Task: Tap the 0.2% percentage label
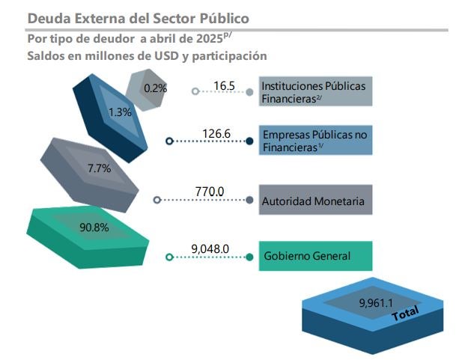coord(155,88)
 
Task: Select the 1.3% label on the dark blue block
coord(120,112)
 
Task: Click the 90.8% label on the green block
coord(94,227)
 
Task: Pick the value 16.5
coord(224,86)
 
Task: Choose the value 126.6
coord(216,135)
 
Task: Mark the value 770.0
coord(210,192)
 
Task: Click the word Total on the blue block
coord(406,314)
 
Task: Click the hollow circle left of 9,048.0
coord(169,257)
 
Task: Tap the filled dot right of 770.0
coord(249,200)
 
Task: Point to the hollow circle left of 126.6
coord(169,140)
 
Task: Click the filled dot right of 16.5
coord(249,91)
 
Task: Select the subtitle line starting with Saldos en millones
coord(147,55)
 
